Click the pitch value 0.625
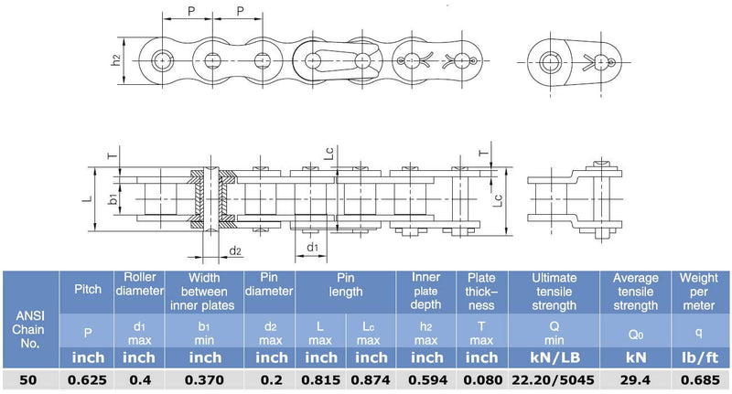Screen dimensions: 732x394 (87, 380)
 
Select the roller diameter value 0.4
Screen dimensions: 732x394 (140, 380)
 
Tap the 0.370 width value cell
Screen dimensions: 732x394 (204, 380)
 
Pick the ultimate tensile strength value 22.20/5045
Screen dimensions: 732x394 (554, 380)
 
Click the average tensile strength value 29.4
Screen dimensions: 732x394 (635, 380)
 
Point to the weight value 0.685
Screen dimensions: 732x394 (700, 380)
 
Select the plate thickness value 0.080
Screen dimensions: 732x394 (483, 380)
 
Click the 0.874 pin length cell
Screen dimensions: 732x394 (371, 380)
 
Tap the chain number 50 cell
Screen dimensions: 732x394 (28, 380)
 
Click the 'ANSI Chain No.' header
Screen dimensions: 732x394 (29, 330)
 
